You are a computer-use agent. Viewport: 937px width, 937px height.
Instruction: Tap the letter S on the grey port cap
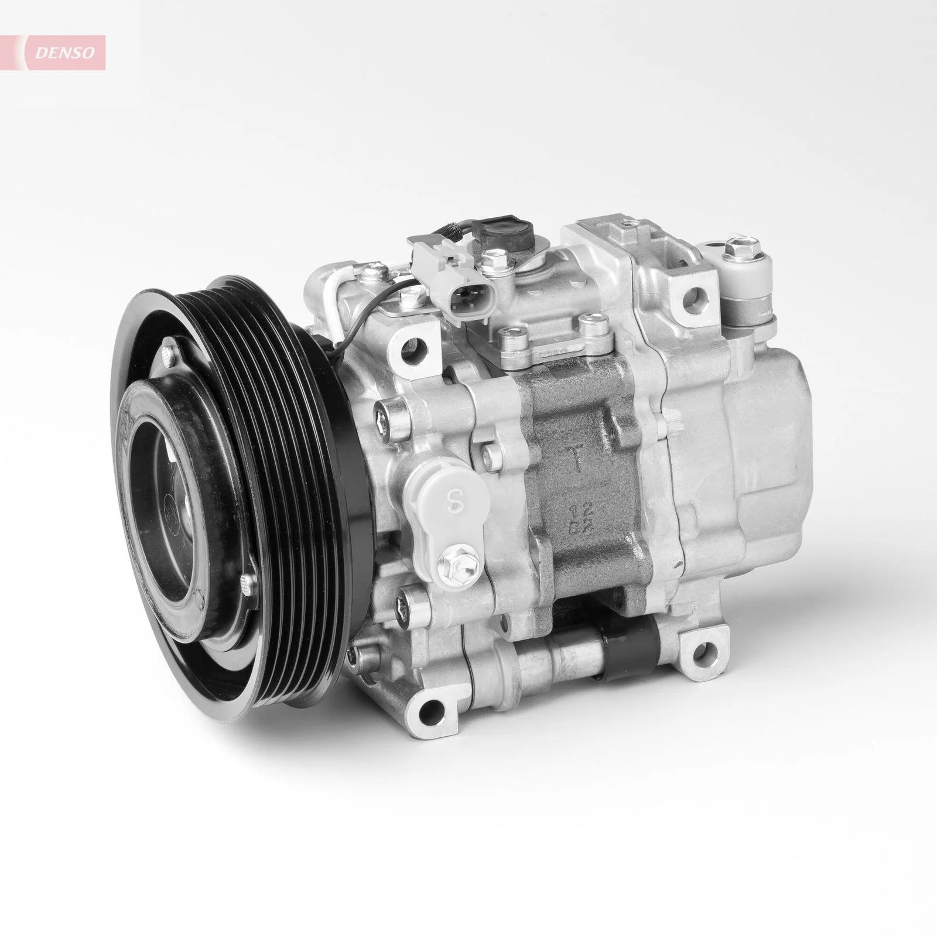pos(451,517)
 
